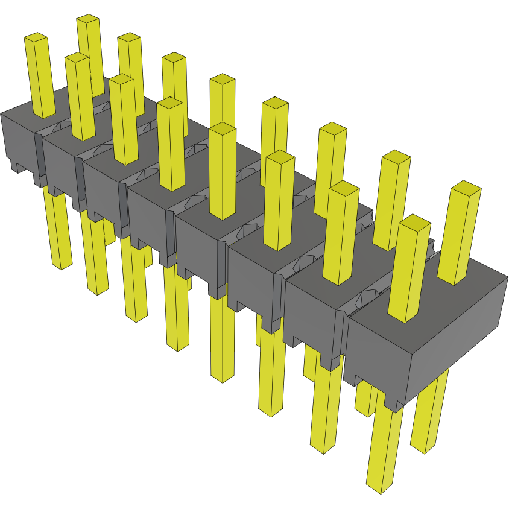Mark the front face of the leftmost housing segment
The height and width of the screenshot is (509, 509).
pos(18,139)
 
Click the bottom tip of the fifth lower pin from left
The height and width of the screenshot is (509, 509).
pos(223,378)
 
